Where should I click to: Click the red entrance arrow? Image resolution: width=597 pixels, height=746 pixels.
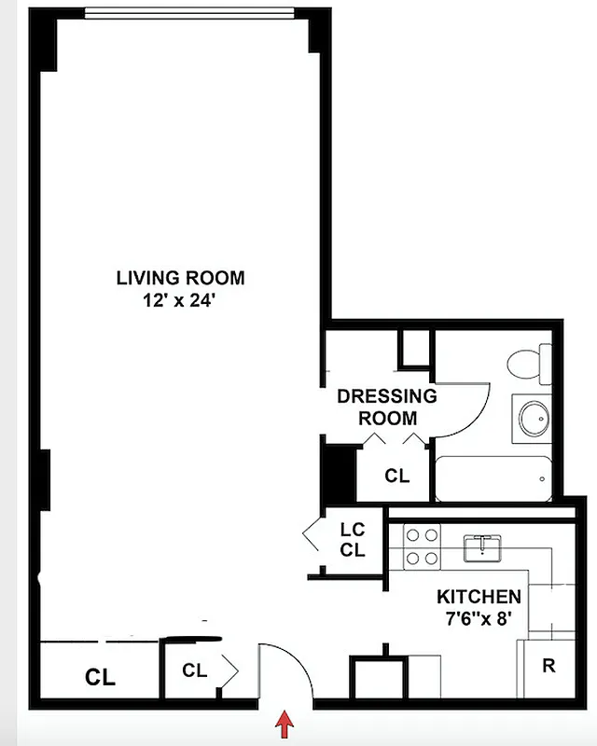(x=286, y=723)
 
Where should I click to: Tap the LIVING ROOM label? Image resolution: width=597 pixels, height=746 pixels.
(x=180, y=277)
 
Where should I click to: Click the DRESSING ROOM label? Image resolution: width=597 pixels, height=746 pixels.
(x=386, y=407)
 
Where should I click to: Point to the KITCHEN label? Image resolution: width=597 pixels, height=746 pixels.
(x=479, y=597)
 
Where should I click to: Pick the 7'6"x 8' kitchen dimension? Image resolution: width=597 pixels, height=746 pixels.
(x=479, y=616)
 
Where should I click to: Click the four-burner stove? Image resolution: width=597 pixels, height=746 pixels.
(x=421, y=546)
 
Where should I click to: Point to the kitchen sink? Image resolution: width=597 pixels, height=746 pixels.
(x=485, y=547)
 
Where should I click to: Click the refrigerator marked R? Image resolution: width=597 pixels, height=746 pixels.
(x=548, y=668)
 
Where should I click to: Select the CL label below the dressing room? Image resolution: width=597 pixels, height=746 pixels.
(x=396, y=477)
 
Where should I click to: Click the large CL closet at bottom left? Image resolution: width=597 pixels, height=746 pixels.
(x=100, y=677)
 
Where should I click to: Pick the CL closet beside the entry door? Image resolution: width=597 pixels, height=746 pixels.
(x=194, y=670)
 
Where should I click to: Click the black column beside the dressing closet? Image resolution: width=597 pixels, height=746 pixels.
(x=337, y=475)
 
